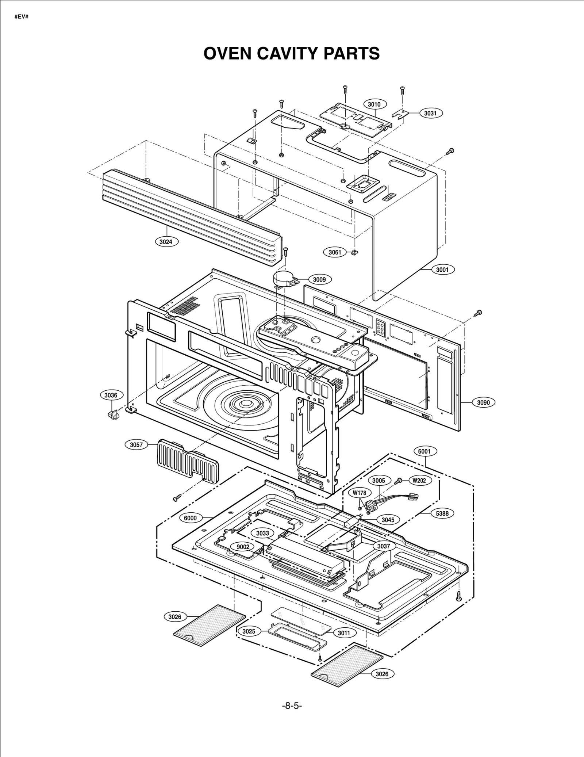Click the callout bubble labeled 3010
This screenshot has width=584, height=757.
click(374, 104)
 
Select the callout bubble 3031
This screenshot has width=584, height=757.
click(430, 113)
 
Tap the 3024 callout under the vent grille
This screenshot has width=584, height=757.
click(166, 241)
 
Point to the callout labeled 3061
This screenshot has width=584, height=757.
click(335, 252)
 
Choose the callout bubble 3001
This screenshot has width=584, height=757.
click(442, 270)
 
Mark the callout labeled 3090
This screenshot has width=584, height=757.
click(484, 402)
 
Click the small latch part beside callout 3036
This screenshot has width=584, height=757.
click(112, 414)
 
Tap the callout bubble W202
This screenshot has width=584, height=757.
click(419, 481)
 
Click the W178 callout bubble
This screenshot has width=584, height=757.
click(360, 493)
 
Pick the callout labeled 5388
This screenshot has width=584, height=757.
click(442, 513)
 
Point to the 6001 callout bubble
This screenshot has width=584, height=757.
click(424, 451)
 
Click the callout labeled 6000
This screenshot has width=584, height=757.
click(190, 518)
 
